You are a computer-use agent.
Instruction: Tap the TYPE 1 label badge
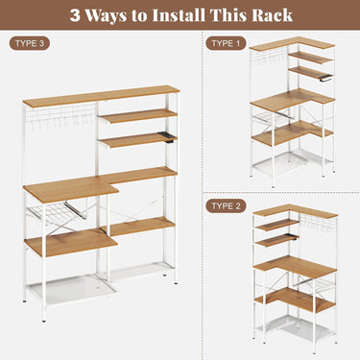(x=227, y=44)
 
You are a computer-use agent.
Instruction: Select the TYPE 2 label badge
(x=227, y=205)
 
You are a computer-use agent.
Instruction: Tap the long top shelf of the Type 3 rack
(x=100, y=97)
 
